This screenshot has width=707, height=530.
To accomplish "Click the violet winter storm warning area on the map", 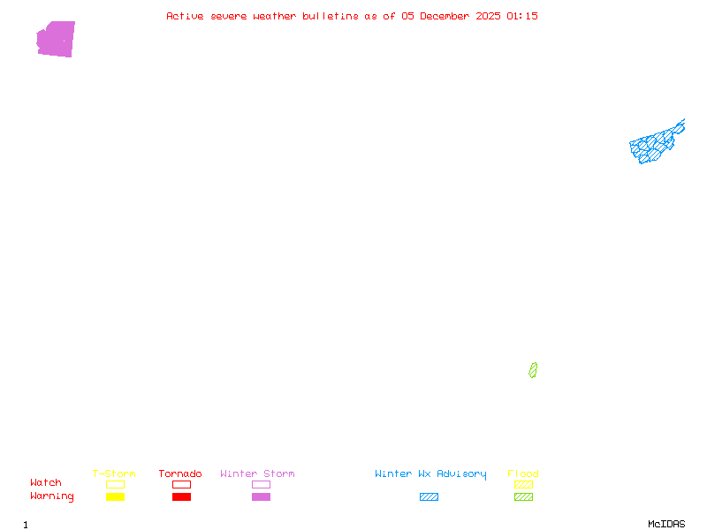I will (x=56, y=39).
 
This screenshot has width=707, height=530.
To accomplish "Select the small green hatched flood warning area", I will (x=533, y=370).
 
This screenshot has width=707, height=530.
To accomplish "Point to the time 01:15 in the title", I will (x=522, y=16).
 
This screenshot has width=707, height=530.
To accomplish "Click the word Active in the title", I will (x=186, y=16).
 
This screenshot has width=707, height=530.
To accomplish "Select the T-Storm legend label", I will (x=114, y=473).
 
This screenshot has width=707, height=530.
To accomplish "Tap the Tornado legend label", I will (x=180, y=473).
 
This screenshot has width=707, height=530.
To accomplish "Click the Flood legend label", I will (x=523, y=473).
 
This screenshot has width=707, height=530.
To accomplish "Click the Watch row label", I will (x=46, y=482).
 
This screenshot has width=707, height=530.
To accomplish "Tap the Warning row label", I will (x=52, y=496).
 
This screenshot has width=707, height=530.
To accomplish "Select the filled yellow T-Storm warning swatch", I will (x=115, y=496).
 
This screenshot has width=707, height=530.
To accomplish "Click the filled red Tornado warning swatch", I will (x=181, y=496).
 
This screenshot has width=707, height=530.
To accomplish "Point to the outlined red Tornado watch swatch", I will (x=181, y=484).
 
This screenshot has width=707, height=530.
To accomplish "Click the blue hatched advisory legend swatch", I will (x=429, y=496).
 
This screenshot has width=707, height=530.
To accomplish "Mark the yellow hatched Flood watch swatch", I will (x=523, y=484).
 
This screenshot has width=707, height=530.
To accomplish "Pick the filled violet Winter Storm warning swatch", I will (x=261, y=496).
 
